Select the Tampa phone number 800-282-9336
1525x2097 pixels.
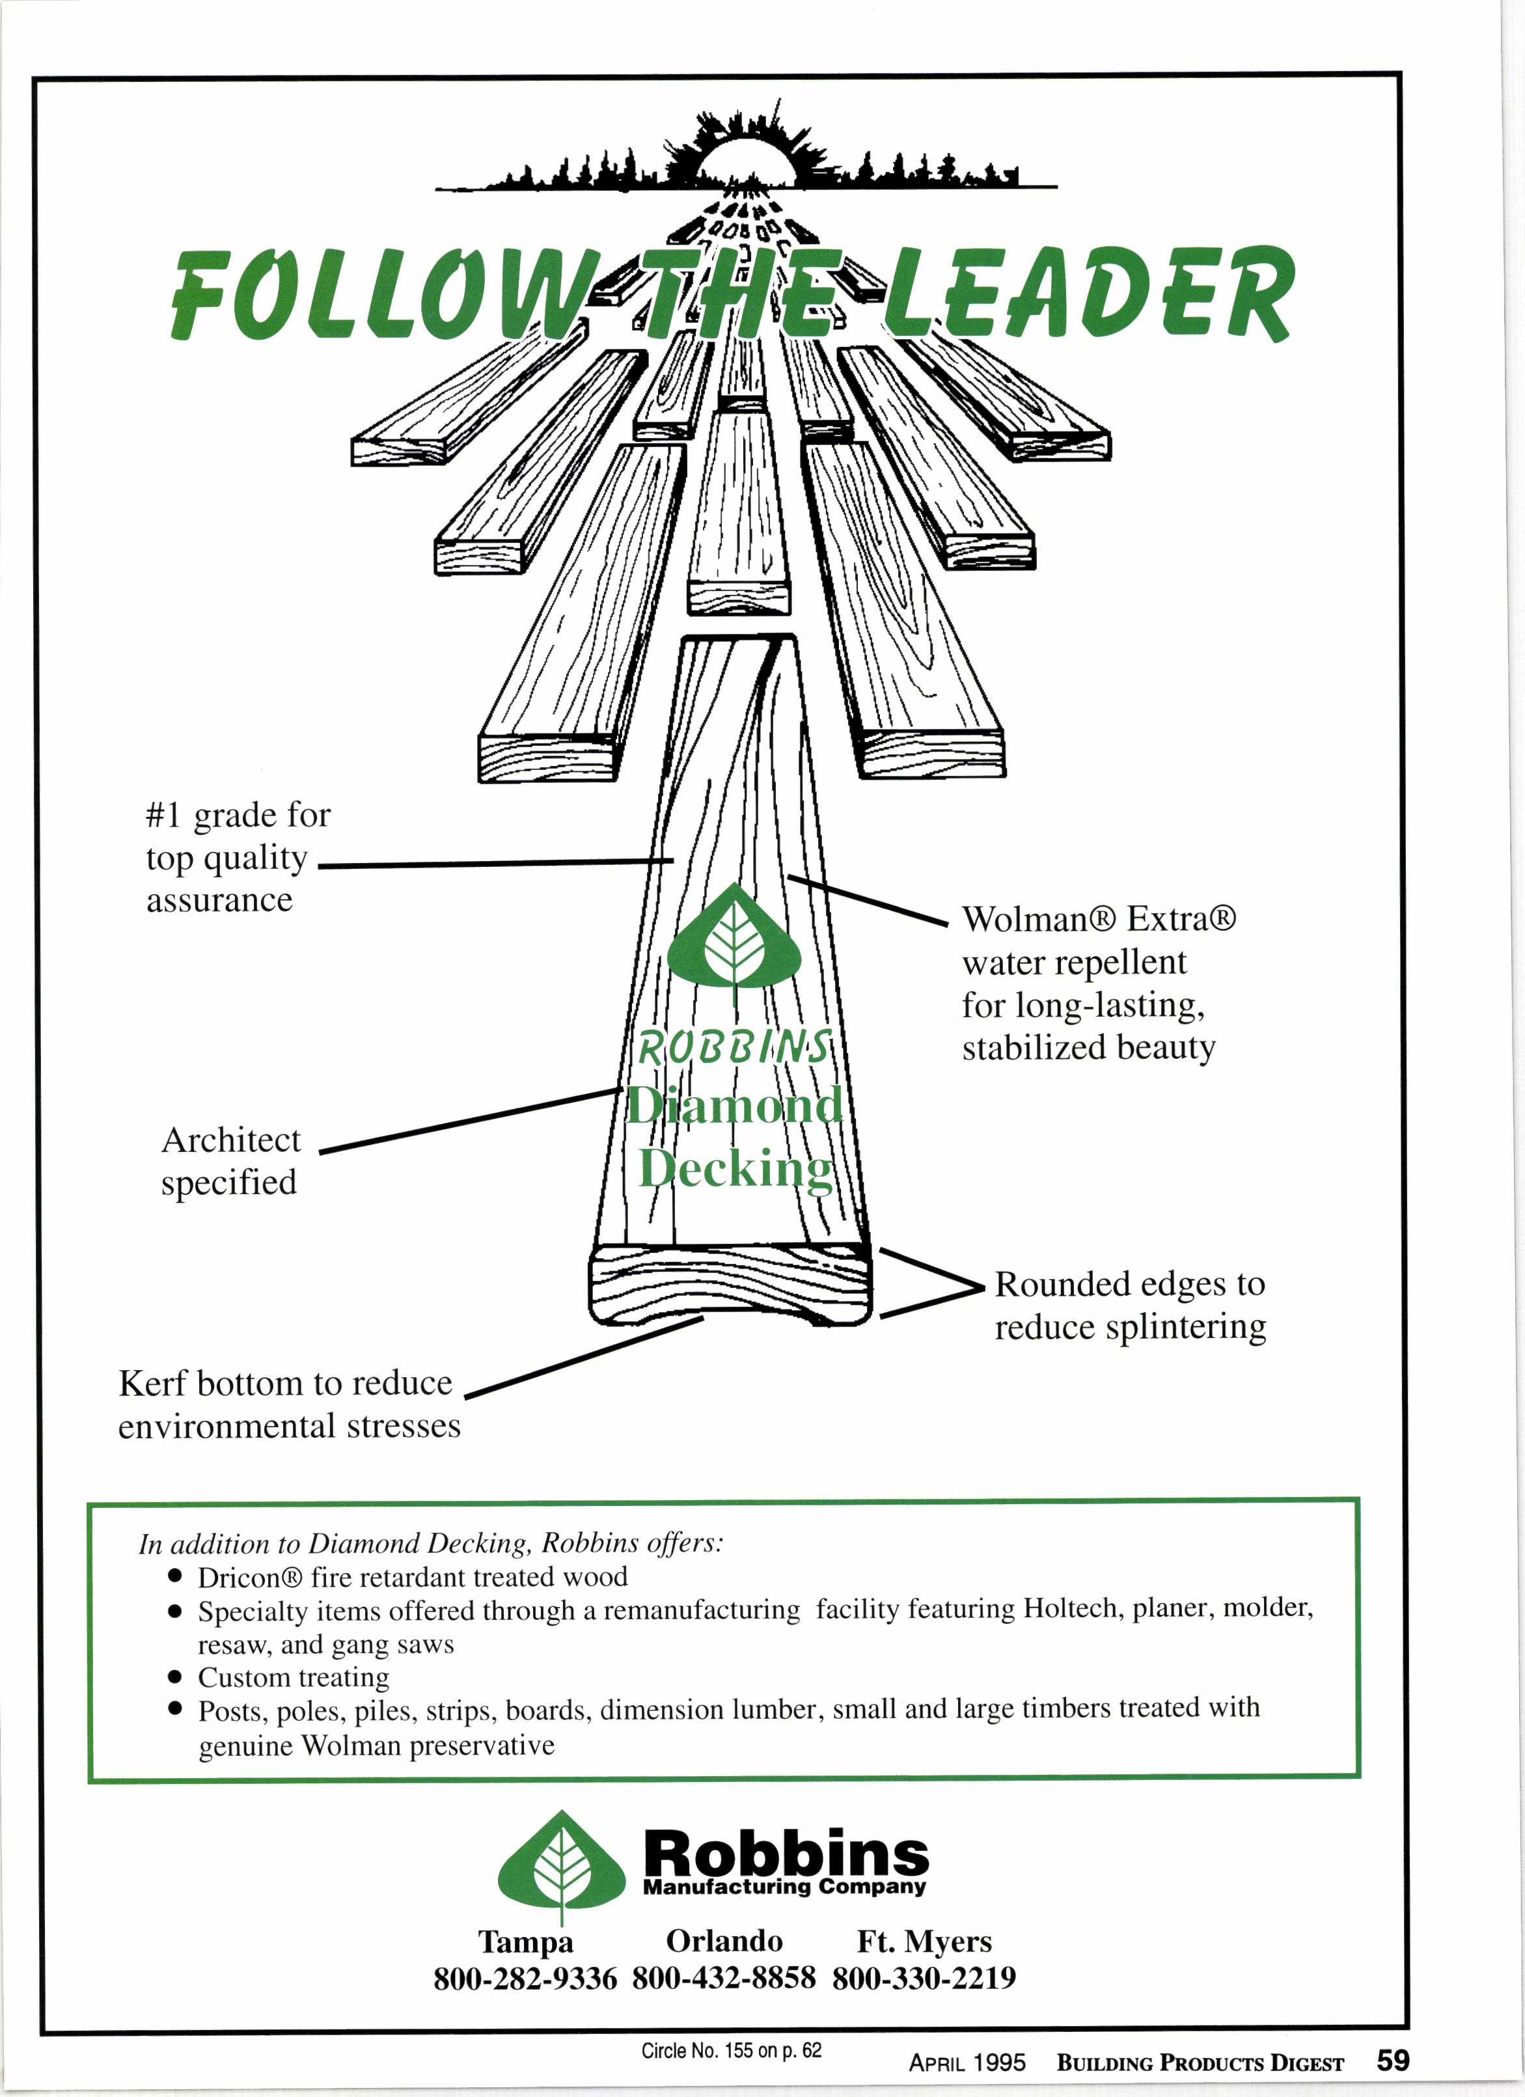(525, 1978)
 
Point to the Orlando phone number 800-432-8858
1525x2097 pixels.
(724, 1978)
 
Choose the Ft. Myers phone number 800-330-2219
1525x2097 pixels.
(924, 1978)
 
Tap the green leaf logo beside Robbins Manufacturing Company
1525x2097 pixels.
(560, 1868)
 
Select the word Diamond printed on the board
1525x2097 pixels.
(735, 1105)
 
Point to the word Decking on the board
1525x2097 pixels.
(736, 1169)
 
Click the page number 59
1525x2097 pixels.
(1393, 2060)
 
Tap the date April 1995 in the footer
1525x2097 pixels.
(967, 2063)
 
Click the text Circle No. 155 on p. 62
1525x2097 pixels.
(730, 2050)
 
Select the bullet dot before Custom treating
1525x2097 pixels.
(175, 1675)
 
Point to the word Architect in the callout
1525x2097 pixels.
(231, 1140)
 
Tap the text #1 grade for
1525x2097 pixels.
(238, 815)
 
